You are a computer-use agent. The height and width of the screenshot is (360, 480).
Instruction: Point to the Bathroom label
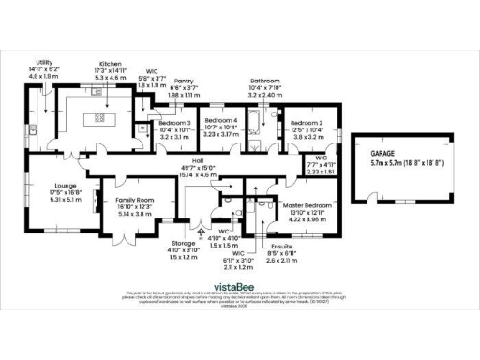pyautogui.click(x=263, y=81)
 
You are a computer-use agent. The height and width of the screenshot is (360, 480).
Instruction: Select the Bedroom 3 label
pyautogui.click(x=174, y=123)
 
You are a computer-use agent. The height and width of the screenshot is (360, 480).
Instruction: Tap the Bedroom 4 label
pyautogui.click(x=222, y=122)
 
